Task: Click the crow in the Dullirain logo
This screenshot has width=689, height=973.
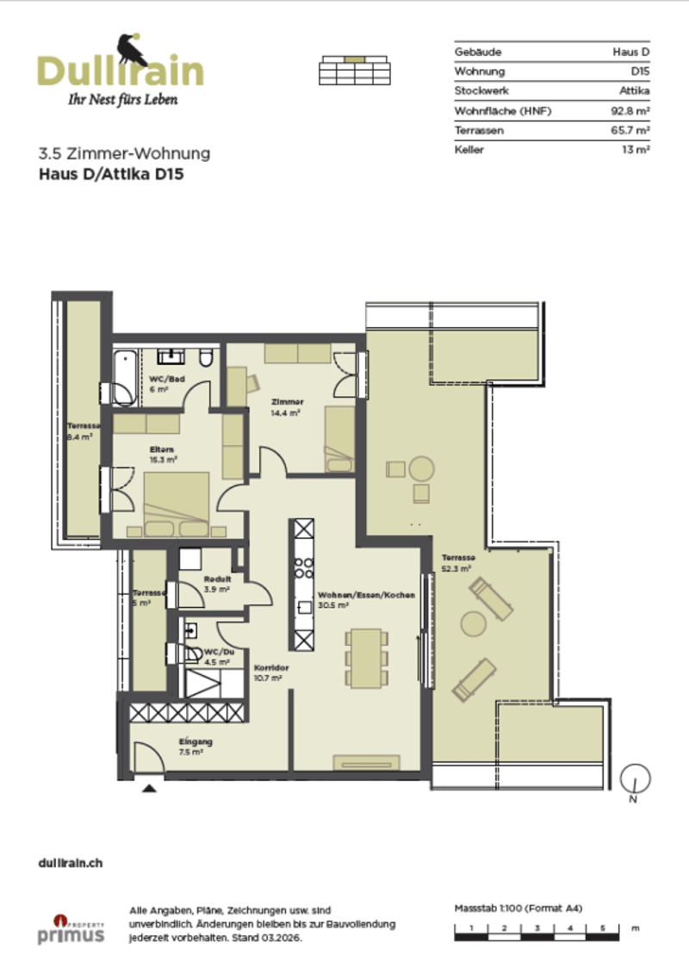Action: click(x=132, y=50)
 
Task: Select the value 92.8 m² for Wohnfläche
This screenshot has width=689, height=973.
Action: click(x=630, y=111)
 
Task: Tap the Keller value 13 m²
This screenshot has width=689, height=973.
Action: click(x=636, y=150)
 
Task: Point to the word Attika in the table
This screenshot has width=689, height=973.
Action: click(x=635, y=90)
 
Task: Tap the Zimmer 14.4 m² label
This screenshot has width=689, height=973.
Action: click(x=287, y=407)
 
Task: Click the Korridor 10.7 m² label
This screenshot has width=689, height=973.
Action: click(x=271, y=672)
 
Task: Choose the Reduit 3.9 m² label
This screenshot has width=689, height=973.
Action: click(x=217, y=584)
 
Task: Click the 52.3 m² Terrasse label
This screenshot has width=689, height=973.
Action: click(x=458, y=563)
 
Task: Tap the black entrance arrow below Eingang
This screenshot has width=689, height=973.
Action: click(x=150, y=788)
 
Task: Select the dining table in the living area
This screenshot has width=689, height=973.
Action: click(x=366, y=658)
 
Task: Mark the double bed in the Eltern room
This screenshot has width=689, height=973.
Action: click(x=177, y=505)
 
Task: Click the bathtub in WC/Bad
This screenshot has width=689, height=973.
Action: click(x=126, y=377)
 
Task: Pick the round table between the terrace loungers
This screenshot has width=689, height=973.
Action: click(x=473, y=623)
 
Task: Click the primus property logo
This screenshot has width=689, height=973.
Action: click(x=71, y=930)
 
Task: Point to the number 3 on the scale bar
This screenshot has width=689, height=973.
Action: click(x=537, y=928)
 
